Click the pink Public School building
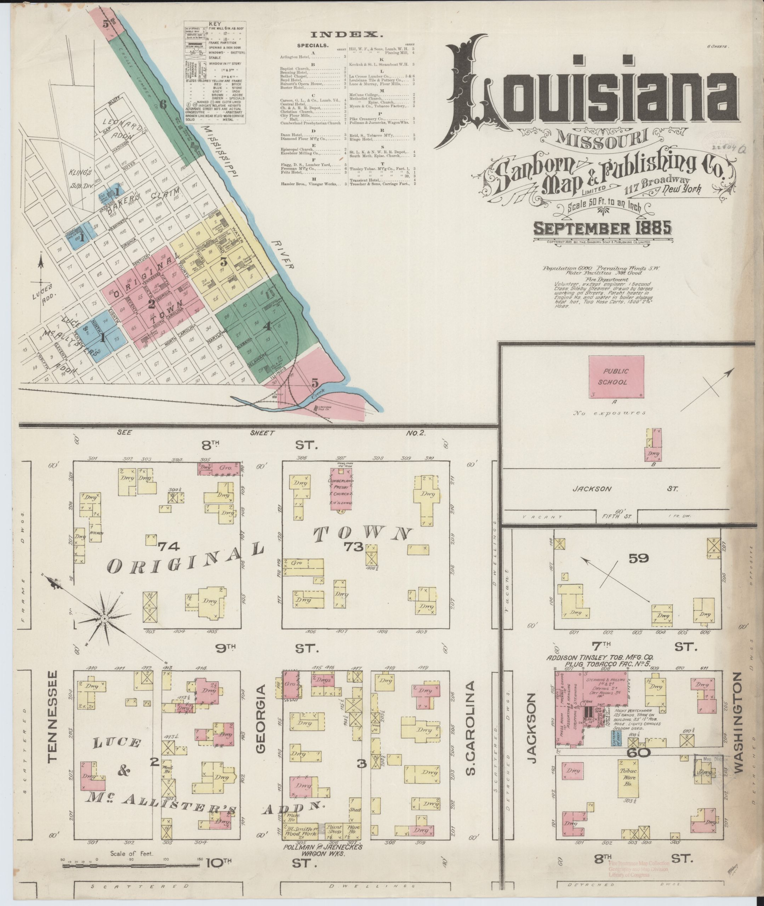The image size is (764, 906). pos(615,377)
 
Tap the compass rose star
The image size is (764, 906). pos(104,620)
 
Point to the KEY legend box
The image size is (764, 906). pos(215,72)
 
